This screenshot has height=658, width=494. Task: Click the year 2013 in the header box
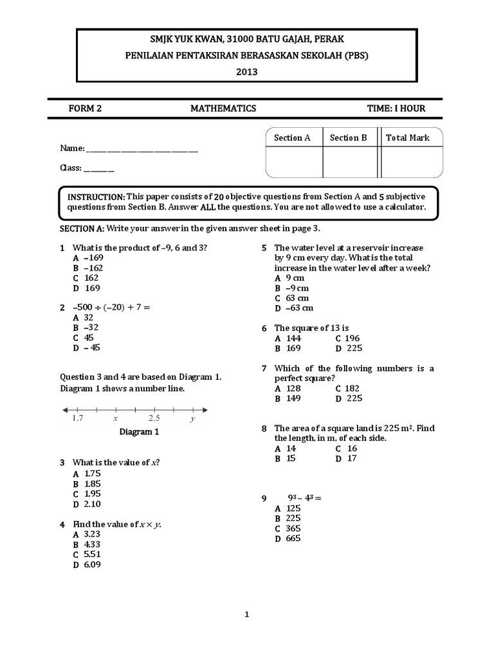246,72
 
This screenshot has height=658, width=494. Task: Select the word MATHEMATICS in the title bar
223,109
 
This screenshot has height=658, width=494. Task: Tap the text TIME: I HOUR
396,109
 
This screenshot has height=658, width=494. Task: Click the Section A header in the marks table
292,138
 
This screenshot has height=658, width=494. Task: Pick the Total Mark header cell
408,138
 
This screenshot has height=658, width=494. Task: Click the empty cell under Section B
349,161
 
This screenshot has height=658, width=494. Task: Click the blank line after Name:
142,149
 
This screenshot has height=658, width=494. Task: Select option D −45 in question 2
87,348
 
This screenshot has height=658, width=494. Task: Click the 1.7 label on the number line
77,418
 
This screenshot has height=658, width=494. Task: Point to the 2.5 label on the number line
154,418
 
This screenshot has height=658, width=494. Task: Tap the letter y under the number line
192,419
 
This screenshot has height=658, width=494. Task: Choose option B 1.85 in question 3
87,484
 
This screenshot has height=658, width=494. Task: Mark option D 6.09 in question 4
87,565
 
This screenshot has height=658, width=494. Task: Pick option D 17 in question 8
346,459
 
